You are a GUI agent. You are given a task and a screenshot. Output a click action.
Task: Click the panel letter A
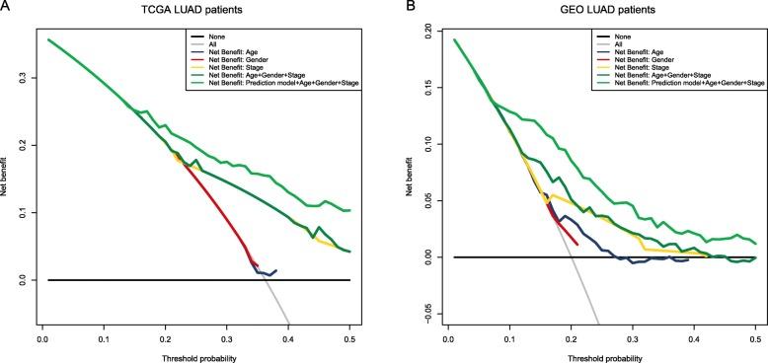(5, 6)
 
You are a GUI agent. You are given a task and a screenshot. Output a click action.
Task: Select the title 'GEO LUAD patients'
(601, 9)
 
